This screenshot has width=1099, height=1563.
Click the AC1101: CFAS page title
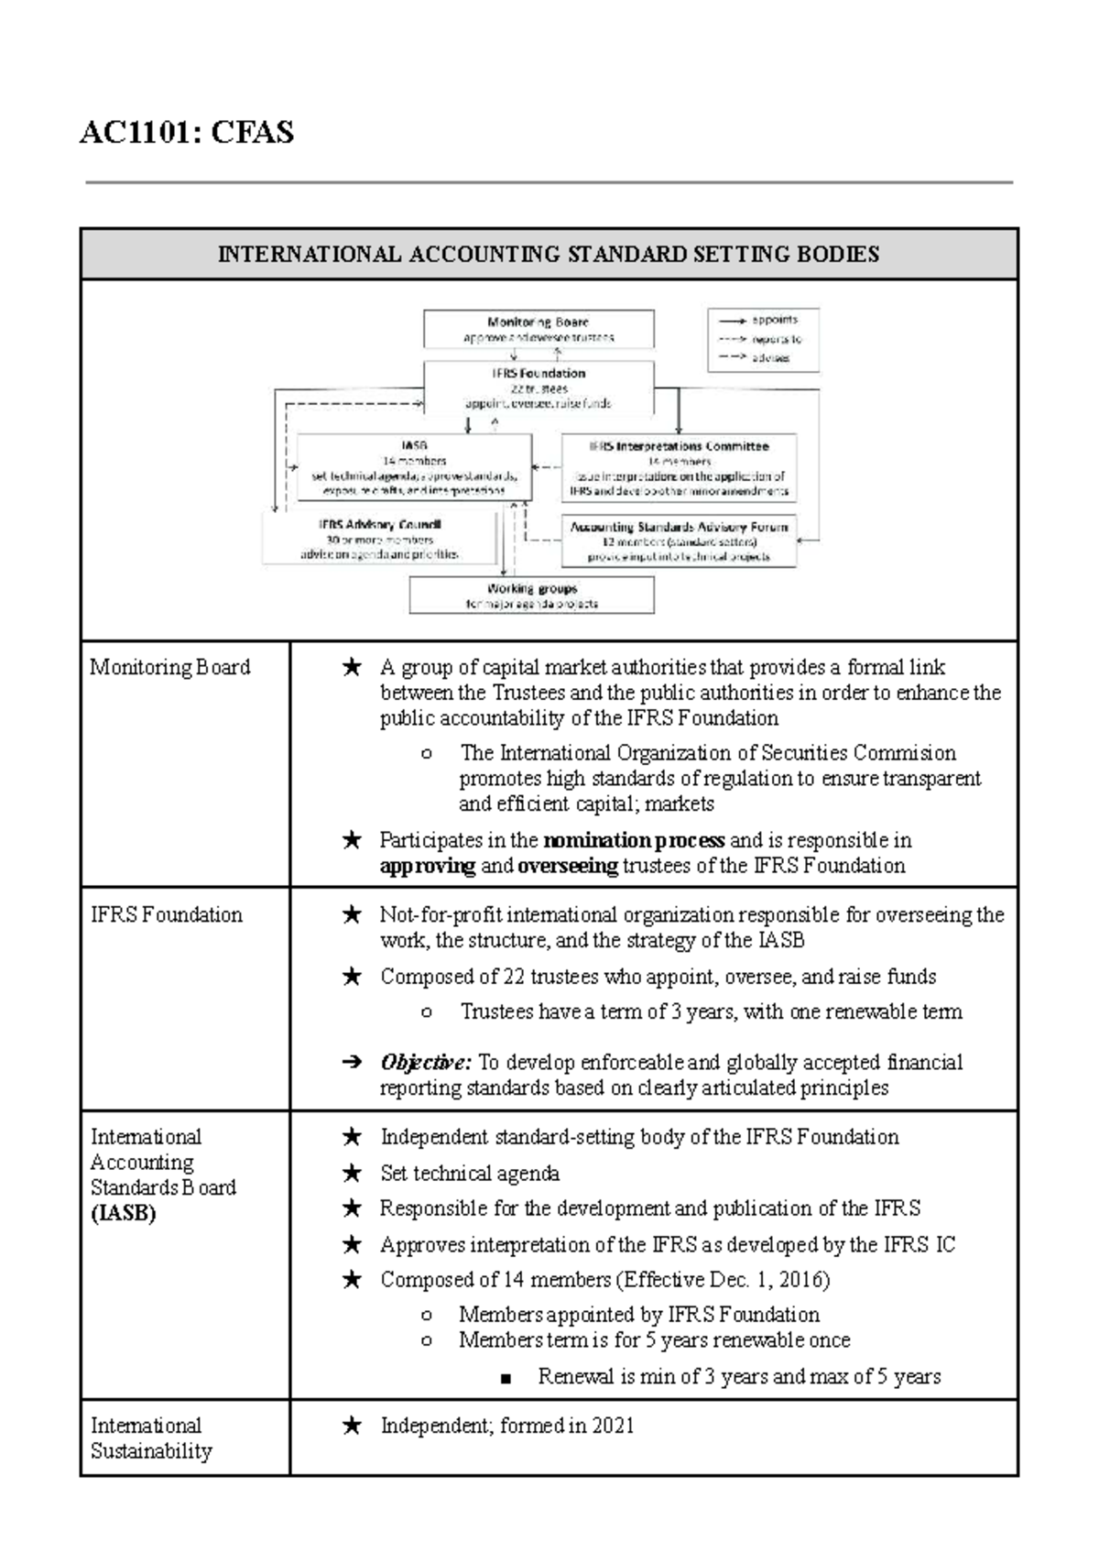pos(187,134)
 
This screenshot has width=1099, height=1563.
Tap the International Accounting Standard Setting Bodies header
pos(548,255)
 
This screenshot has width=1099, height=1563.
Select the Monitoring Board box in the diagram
pos(539,329)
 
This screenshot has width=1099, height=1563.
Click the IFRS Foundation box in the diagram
pos(539,388)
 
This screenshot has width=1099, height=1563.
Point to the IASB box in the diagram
pos(414,467)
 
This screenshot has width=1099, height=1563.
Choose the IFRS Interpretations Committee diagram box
pos(679,468)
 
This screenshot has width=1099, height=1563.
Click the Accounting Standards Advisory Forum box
pos(679,541)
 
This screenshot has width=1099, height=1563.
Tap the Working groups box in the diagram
pos(531,596)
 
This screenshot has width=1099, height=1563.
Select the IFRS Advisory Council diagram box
pos(380,540)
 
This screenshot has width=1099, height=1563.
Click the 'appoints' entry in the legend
pos(774,321)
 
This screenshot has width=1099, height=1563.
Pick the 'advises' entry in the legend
pos(770,358)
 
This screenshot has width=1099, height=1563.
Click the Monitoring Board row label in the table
pos(170,668)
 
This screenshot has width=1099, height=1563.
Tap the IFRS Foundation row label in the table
pos(167,915)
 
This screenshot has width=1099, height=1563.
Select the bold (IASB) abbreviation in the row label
pos(124,1214)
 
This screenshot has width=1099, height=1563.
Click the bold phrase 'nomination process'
pos(634,841)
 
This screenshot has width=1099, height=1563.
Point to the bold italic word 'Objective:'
pos(426,1063)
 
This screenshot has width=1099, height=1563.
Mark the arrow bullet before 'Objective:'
pos(351,1064)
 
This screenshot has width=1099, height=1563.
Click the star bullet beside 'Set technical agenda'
pos(352,1174)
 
